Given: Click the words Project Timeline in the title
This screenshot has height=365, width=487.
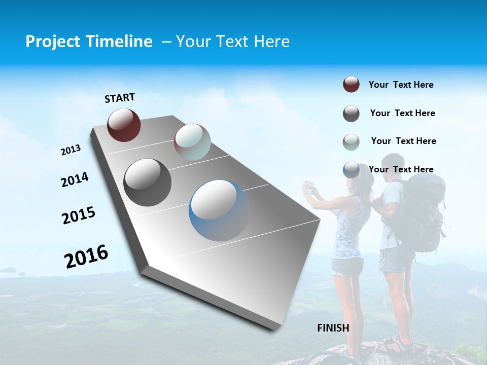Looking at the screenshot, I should tap(89, 42).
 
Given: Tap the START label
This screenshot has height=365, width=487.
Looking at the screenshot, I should tap(120, 98).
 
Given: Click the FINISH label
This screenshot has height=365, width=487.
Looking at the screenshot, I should tap(333, 328).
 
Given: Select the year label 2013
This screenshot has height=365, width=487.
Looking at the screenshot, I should tap(71, 150).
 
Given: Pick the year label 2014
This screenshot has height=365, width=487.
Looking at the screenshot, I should tap(75, 180).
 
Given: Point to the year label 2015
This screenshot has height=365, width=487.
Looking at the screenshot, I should tap(79, 215).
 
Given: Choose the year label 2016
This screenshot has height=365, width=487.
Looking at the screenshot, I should tap(86, 256).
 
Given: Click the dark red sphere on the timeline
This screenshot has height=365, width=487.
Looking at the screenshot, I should tap(124, 125).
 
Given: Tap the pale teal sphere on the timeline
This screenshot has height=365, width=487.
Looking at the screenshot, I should tap(192, 142).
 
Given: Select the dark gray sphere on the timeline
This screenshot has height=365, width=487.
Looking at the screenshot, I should tap(147, 182).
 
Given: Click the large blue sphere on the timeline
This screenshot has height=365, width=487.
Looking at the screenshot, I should tap(219, 210).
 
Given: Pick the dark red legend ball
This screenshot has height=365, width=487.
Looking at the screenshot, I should tap(351, 85).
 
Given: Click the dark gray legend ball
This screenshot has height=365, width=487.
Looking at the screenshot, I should tap(351, 114).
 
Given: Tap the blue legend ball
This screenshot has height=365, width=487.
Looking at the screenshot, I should tap(351, 170).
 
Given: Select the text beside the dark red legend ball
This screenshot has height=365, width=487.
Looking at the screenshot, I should tap(401, 85).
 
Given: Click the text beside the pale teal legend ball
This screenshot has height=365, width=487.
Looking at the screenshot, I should tap(403, 141).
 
